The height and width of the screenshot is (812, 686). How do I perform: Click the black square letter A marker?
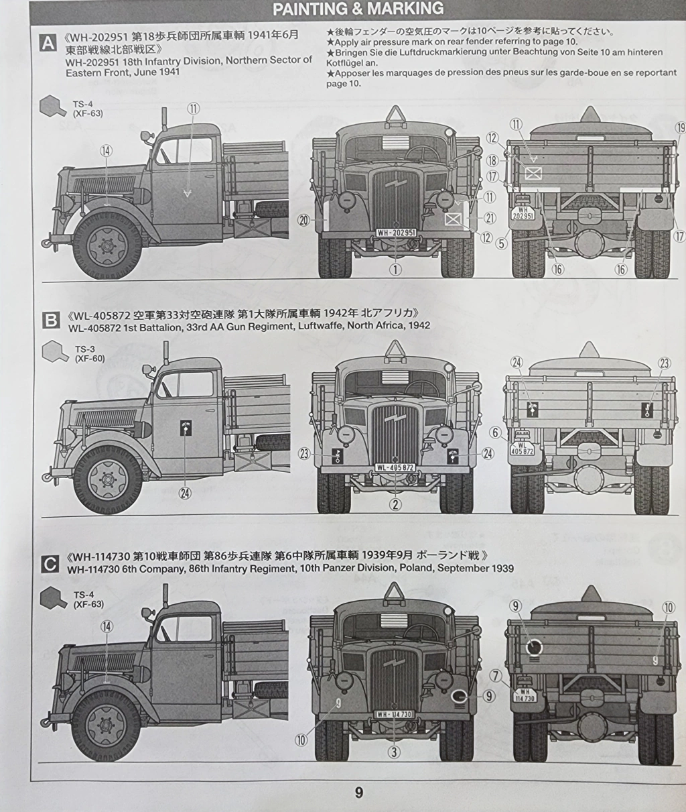[x=48, y=42]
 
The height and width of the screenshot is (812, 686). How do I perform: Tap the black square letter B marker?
[x=51, y=321]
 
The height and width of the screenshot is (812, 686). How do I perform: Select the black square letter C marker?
[x=50, y=564]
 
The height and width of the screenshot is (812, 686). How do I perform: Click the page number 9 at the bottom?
[x=358, y=793]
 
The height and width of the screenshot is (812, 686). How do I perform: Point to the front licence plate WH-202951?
[x=396, y=233]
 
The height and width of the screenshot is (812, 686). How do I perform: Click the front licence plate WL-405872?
[x=395, y=467]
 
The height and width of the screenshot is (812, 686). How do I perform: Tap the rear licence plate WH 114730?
[x=525, y=695]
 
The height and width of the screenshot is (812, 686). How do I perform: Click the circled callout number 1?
[x=395, y=270]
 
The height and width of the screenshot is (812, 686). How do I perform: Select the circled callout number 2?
[x=395, y=505]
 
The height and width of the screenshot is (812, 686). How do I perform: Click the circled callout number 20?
[x=304, y=221]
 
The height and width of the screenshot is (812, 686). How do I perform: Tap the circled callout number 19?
[x=680, y=128]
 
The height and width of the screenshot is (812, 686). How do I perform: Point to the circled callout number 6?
[x=495, y=433]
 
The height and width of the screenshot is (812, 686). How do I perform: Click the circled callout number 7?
[x=496, y=676]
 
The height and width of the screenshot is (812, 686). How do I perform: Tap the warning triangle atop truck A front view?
[x=395, y=116]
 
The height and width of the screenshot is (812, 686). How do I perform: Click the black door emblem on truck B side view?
[x=186, y=426]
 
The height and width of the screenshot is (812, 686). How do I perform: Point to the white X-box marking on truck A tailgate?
[x=533, y=173]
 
